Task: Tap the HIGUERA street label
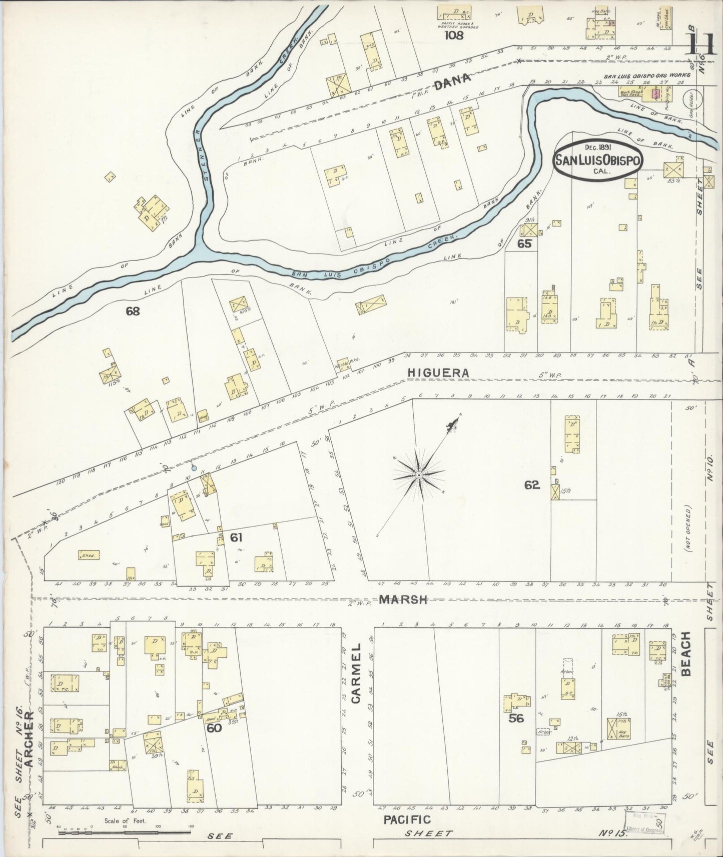coord(438,372)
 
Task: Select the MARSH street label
coord(403,599)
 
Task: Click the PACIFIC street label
coord(407,819)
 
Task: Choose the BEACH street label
coord(685,653)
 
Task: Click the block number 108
coord(455,35)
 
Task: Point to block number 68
coord(133,311)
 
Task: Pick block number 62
coord(532,484)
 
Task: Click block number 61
coord(236,537)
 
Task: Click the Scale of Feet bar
coord(125,832)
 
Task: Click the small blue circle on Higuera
coord(194,468)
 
